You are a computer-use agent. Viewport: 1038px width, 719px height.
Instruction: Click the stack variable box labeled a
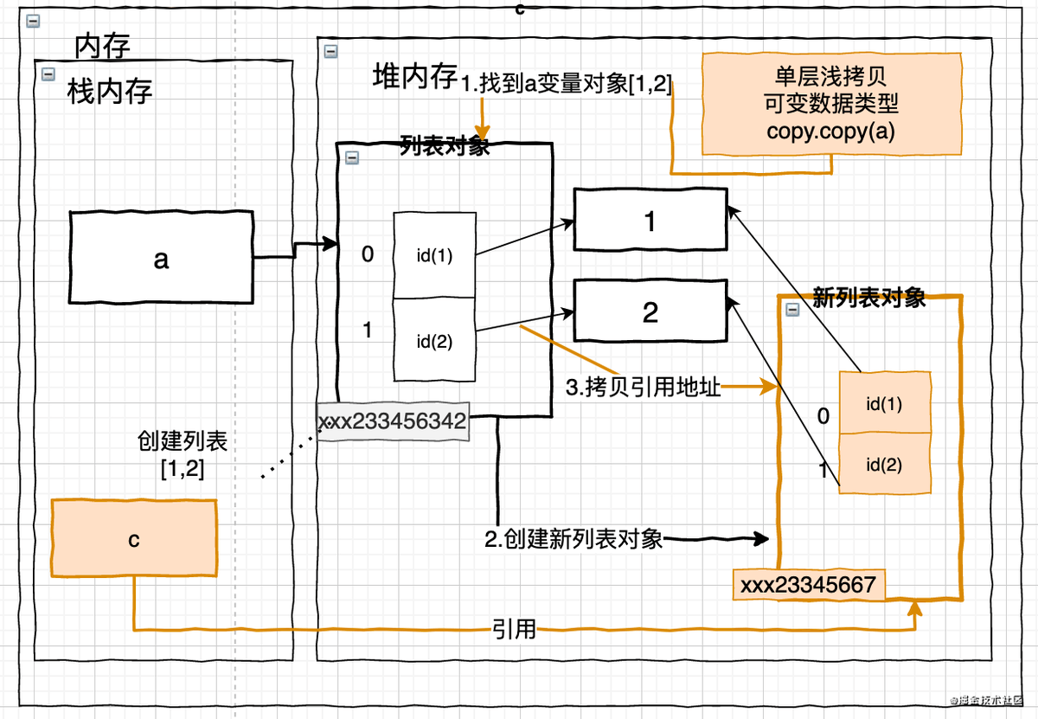pos(162,258)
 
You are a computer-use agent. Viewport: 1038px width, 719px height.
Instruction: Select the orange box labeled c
pos(134,539)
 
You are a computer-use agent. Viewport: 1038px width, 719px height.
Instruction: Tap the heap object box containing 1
pos(650,221)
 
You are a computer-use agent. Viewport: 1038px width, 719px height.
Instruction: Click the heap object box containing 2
pos(650,312)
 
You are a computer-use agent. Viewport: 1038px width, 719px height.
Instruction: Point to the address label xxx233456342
pos(394,422)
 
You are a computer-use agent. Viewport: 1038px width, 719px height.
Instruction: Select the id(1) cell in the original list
pos(434,255)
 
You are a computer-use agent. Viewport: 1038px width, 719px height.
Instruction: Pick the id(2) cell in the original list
pos(434,340)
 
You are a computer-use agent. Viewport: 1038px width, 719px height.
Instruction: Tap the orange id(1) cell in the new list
pos(883,402)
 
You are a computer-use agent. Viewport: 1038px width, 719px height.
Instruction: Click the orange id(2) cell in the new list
pos(883,464)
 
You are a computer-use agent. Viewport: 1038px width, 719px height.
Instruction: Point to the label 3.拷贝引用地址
pos(643,388)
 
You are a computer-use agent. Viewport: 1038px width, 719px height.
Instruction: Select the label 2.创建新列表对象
pos(573,539)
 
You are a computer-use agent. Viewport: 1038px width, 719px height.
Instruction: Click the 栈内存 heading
pos(110,92)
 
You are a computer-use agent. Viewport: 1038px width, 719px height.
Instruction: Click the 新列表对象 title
pos(869,298)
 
